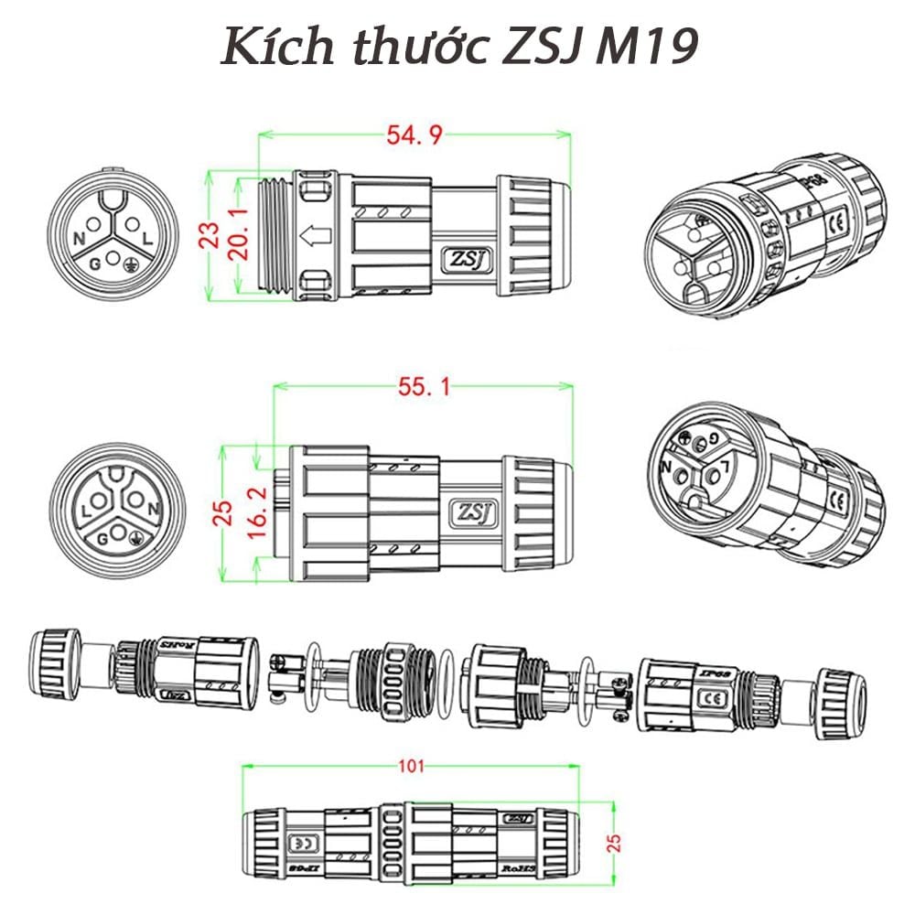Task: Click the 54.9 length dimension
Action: tap(414, 135)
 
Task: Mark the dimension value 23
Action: tap(211, 235)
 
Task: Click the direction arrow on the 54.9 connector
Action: tap(317, 237)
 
